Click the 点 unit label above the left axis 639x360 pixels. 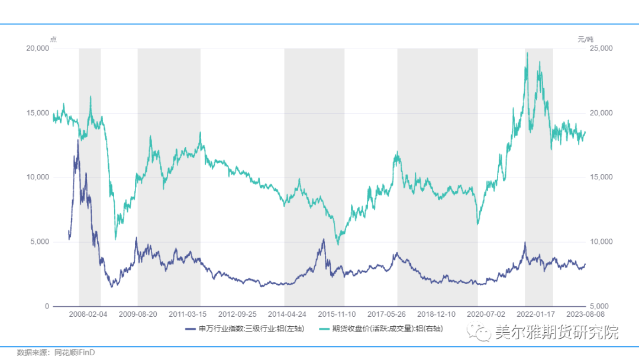click(x=53, y=39)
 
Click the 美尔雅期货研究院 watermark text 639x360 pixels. click(x=557, y=333)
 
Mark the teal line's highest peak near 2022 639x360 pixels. click(x=527, y=53)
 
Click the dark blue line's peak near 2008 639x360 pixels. click(x=78, y=140)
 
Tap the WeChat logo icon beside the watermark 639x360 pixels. click(x=480, y=333)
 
